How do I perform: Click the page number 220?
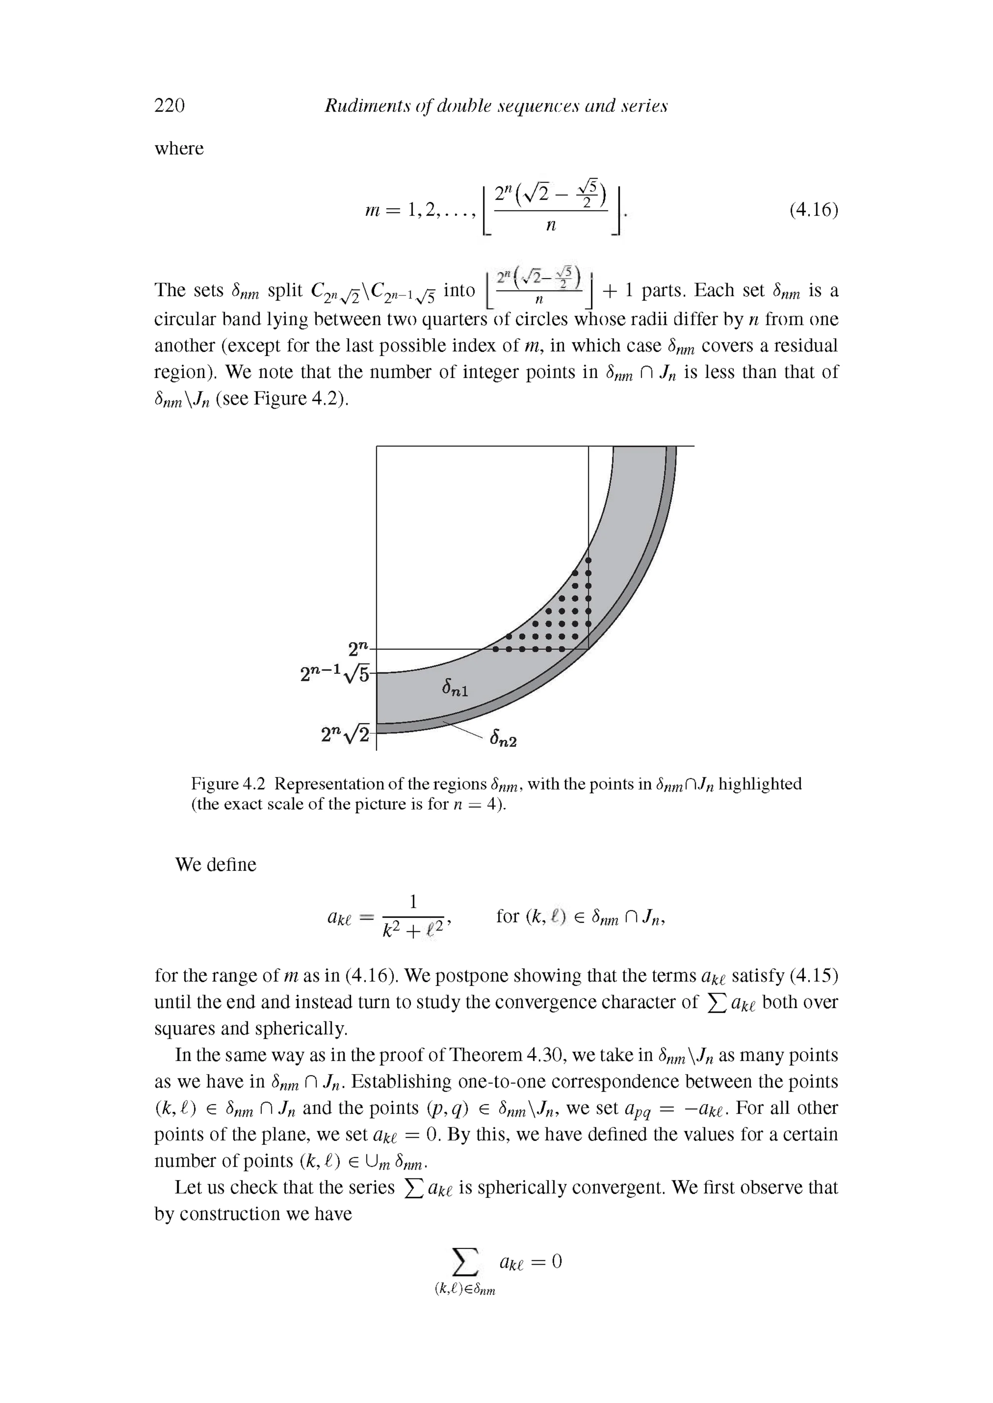pyautogui.click(x=169, y=106)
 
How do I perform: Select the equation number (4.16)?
pyautogui.click(x=813, y=210)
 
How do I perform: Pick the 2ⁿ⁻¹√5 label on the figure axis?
pyautogui.click(x=336, y=674)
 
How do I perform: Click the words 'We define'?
pyautogui.click(x=215, y=865)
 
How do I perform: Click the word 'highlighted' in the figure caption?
pyautogui.click(x=760, y=784)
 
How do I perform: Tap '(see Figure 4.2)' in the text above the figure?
pyautogui.click(x=282, y=399)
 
